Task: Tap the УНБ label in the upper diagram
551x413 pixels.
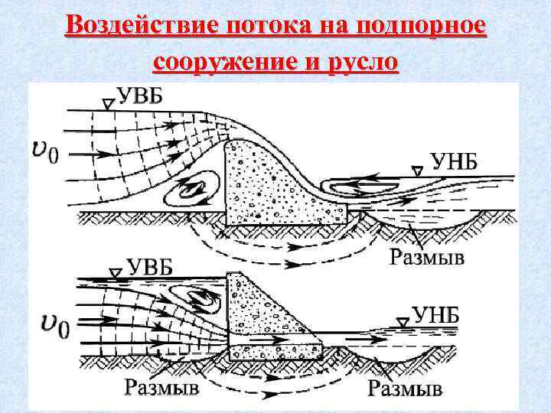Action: [x=456, y=162]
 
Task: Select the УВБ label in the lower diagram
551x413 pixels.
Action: [x=152, y=269]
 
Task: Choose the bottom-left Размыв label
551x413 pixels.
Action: [x=162, y=389]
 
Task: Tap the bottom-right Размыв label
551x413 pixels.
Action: [x=406, y=389]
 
